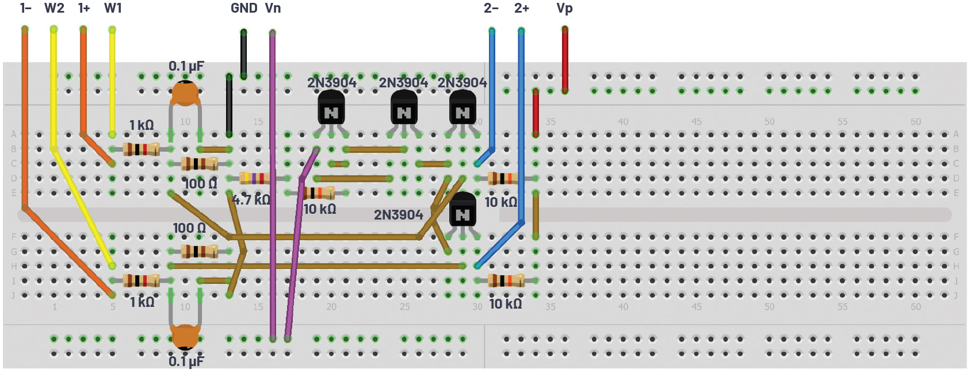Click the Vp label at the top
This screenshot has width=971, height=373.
(x=564, y=8)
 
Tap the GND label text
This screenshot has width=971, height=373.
(x=244, y=8)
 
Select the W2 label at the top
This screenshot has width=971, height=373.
(x=54, y=8)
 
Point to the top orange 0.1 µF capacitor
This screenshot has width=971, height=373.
(x=185, y=93)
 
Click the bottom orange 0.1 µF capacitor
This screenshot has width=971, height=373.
(x=185, y=336)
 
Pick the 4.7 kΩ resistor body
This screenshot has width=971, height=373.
(x=254, y=178)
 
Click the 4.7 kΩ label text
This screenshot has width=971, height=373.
(x=251, y=200)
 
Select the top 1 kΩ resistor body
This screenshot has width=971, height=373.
(x=141, y=149)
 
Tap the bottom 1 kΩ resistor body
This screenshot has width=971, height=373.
(x=141, y=280)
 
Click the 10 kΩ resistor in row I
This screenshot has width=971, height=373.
(x=506, y=280)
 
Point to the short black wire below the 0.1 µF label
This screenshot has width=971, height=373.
(x=229, y=105)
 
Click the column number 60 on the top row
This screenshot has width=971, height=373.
(x=915, y=122)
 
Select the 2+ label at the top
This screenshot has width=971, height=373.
(x=522, y=8)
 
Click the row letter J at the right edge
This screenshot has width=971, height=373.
(x=956, y=295)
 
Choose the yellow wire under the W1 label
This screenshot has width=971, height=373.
(x=112, y=80)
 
